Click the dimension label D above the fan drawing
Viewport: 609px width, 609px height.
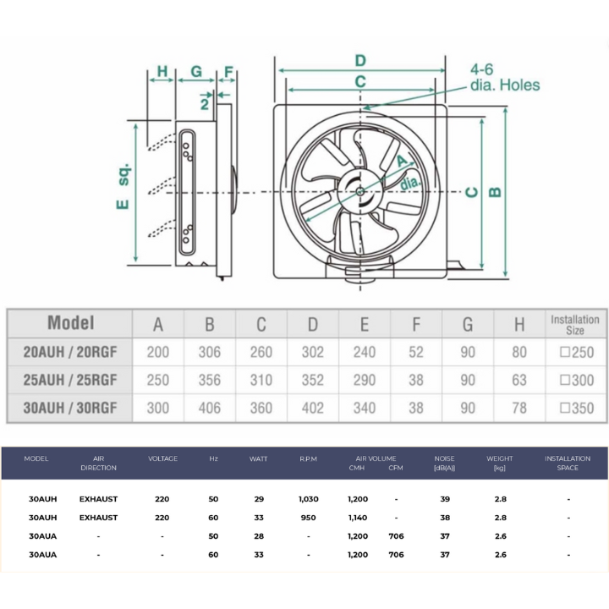click(x=359, y=60)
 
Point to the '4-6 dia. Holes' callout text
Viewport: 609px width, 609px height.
click(x=504, y=77)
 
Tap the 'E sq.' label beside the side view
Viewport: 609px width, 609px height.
click(x=123, y=187)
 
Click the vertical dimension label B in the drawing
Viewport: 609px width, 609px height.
click(x=496, y=191)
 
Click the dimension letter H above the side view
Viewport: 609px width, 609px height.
click(x=162, y=71)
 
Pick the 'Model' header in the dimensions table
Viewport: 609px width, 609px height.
click(x=70, y=322)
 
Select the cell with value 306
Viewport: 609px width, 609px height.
click(x=209, y=352)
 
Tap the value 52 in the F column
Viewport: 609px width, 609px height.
click(x=416, y=352)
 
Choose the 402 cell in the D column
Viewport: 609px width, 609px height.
click(x=312, y=408)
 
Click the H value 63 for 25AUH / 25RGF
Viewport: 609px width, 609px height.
click(x=519, y=380)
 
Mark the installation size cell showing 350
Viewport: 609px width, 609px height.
click(x=576, y=408)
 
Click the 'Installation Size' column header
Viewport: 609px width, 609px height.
click(x=575, y=324)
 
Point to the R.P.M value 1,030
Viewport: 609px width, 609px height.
click(x=308, y=499)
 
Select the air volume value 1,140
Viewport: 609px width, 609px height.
click(x=358, y=517)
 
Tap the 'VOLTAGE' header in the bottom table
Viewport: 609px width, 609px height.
click(x=162, y=458)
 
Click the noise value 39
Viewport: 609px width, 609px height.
click(x=444, y=499)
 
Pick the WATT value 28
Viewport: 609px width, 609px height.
click(x=258, y=536)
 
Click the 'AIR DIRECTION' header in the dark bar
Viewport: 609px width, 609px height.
click(x=98, y=463)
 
